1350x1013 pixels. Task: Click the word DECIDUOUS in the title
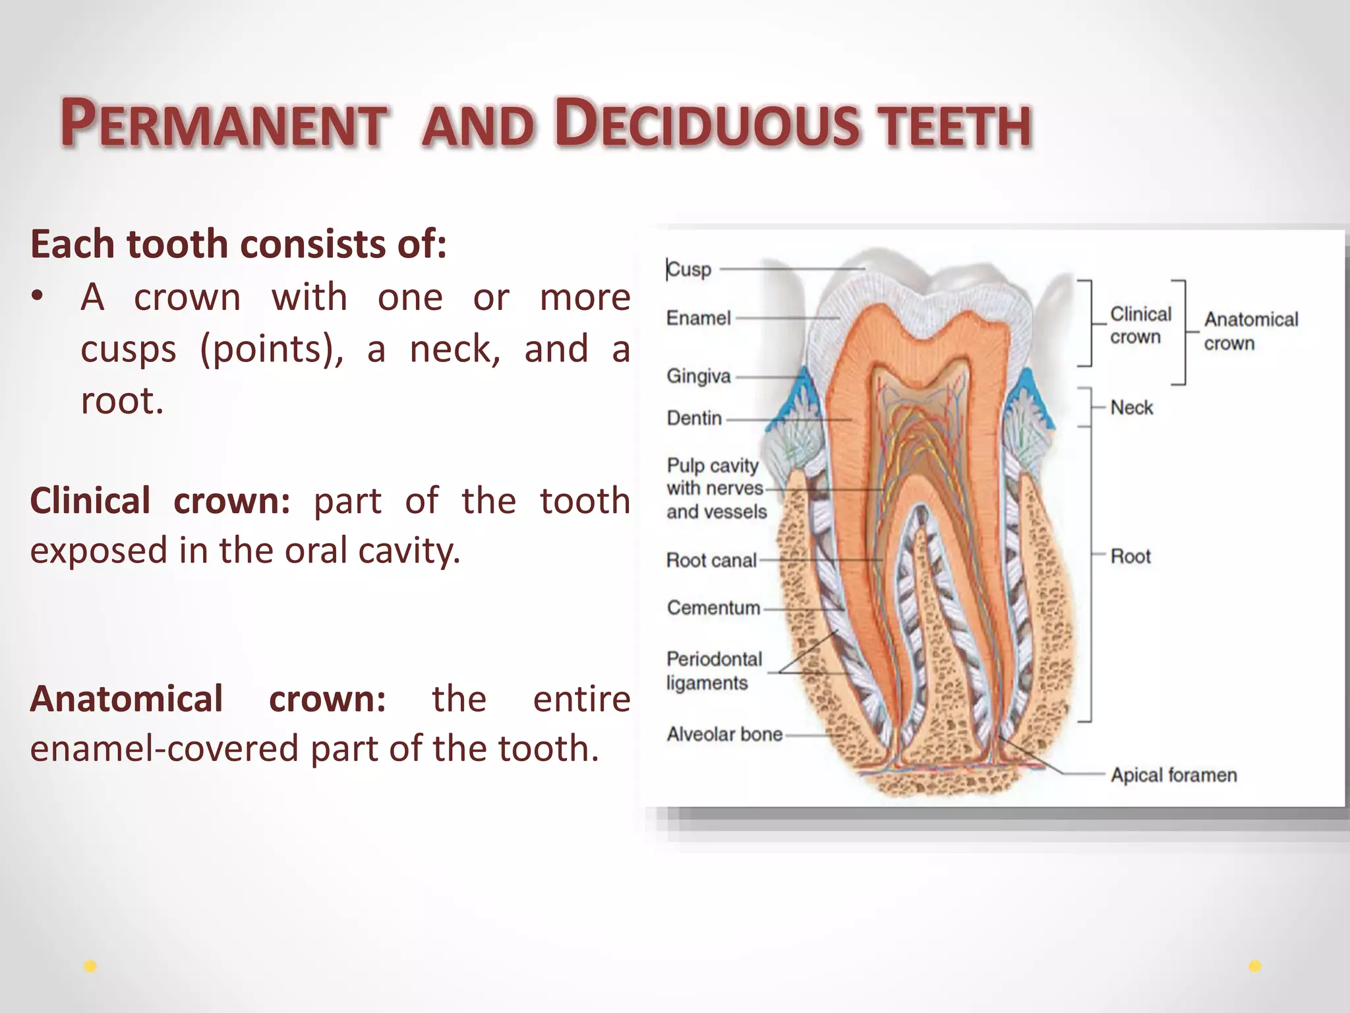tap(707, 123)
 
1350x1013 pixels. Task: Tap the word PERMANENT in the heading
tap(223, 123)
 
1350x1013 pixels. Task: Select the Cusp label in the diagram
tap(689, 270)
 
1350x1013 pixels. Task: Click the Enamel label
tap(698, 318)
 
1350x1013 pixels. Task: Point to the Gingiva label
tap(699, 376)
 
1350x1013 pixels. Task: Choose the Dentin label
tap(694, 418)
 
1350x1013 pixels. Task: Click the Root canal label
tap(711, 561)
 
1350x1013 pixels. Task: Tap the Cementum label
tap(713, 607)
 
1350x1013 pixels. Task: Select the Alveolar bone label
tap(724, 734)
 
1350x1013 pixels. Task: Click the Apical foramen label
tap(1173, 775)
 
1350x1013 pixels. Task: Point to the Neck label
tap(1132, 408)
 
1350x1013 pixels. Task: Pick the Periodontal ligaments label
tap(713, 671)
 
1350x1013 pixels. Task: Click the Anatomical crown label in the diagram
tap(1250, 331)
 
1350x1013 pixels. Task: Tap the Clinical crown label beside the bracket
tap(1140, 325)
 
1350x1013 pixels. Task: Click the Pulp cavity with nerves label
tap(716, 488)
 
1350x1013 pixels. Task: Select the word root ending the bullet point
tap(122, 400)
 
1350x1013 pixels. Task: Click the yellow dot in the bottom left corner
tap(90, 966)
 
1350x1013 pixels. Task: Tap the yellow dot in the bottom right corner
tap(1255, 966)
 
